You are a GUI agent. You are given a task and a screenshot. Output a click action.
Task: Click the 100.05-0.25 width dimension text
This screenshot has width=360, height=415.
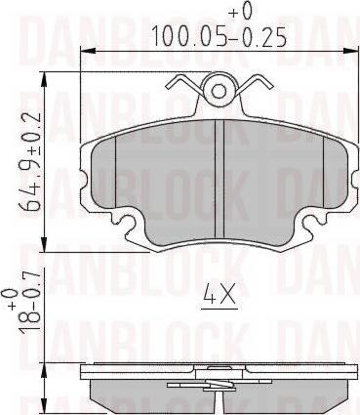220,36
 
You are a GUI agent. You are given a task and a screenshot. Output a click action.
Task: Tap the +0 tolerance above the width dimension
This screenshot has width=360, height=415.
241,12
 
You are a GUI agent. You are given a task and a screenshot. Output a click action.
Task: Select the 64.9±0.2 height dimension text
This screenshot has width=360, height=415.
31,162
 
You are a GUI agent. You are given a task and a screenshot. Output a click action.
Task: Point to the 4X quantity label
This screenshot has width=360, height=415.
220,294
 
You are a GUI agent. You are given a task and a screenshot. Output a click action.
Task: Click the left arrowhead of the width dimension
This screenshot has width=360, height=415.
89,51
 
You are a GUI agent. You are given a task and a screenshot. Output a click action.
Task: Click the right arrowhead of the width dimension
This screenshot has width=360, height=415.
350,51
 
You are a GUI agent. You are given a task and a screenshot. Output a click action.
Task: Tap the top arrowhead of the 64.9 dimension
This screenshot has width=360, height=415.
44,80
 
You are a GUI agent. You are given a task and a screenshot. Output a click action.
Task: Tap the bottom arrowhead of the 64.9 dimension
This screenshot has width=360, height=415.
44,244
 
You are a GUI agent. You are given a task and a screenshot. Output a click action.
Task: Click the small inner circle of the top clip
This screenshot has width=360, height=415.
219,91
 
